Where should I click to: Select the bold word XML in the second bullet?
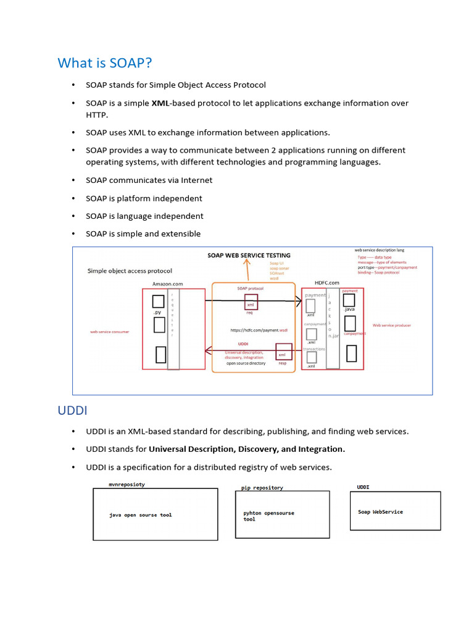click(162, 103)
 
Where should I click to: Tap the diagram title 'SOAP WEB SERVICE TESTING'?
click(248, 255)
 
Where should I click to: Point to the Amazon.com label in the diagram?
click(167, 284)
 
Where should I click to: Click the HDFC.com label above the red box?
click(326, 283)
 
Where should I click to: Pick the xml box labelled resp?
click(283, 352)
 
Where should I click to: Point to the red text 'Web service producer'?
click(391, 325)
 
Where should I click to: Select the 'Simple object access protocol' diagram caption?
click(130, 271)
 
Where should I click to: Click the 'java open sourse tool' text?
click(141, 515)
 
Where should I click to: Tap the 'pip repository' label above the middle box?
click(262, 488)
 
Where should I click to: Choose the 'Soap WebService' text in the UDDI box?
click(380, 512)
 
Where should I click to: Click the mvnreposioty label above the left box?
click(127, 485)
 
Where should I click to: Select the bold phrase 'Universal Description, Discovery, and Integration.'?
click(247, 449)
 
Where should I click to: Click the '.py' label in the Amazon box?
click(157, 313)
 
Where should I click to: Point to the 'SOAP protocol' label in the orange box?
click(250, 289)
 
